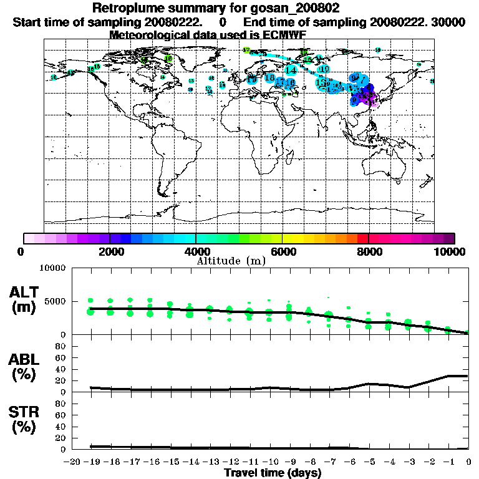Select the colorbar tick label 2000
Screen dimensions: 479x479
click(110, 251)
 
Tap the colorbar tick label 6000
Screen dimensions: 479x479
click(282, 251)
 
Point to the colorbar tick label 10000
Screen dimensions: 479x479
click(451, 251)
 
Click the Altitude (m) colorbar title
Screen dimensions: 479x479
click(231, 260)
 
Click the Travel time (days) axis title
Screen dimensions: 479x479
click(273, 473)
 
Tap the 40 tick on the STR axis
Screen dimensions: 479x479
click(62, 426)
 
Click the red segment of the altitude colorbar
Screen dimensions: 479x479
click(362, 238)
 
